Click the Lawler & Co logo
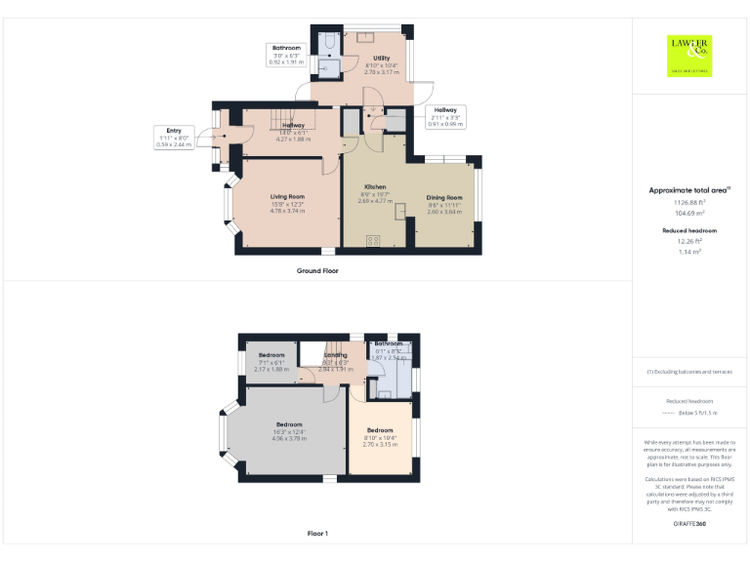(x=690, y=55)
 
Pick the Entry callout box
(x=174, y=137)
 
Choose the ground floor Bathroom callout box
(x=286, y=55)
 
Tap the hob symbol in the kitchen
(x=373, y=241)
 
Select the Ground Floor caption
(x=317, y=270)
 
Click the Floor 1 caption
(x=317, y=534)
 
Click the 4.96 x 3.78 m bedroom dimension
(x=289, y=439)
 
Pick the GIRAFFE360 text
(x=690, y=524)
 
